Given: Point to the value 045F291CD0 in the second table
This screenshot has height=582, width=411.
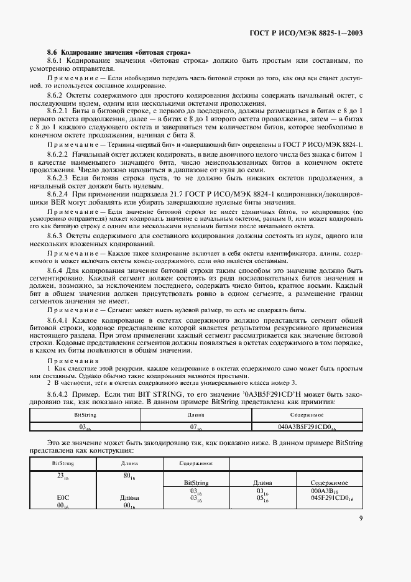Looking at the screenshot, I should (x=333, y=497).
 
